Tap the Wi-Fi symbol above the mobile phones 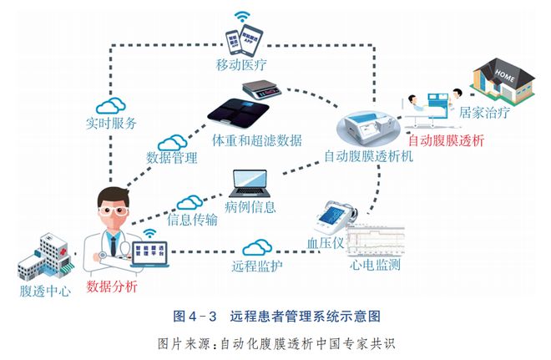tap(241, 15)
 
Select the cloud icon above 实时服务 tap(109, 106)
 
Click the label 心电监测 tap(374, 265)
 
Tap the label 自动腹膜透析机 tap(367, 155)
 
